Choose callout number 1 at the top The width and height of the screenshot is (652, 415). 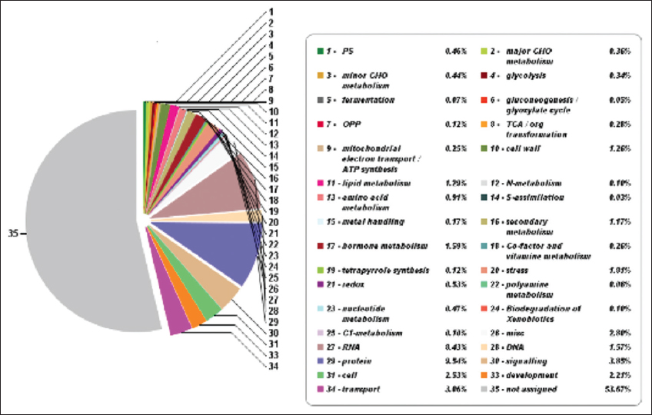coord(270,12)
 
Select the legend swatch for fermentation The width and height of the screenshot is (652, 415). coord(319,100)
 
